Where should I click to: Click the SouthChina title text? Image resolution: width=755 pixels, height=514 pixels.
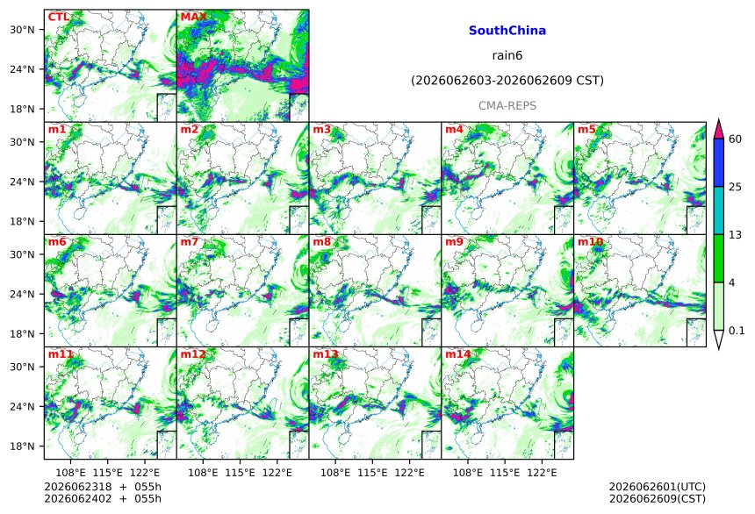[507, 31]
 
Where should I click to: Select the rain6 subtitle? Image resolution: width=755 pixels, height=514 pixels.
[507, 55]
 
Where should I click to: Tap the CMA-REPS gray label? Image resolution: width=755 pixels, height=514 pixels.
[507, 106]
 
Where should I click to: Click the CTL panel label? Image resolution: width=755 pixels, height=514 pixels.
[58, 17]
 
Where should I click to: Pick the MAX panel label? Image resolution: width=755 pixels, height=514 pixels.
[193, 17]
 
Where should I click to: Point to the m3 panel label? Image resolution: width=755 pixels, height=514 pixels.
[322, 130]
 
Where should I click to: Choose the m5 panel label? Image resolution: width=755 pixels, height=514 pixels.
[587, 130]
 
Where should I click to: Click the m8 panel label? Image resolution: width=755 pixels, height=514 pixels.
[322, 241]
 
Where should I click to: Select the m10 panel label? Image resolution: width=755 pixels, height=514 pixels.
[590, 241]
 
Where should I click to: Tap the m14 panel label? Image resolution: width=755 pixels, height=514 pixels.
[458, 354]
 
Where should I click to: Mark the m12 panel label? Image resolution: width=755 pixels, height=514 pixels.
[193, 354]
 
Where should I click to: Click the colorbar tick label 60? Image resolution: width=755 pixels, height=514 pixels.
[735, 139]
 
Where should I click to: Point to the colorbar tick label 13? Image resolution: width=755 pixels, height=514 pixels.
[735, 235]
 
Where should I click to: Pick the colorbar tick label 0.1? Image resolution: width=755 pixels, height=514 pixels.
[737, 331]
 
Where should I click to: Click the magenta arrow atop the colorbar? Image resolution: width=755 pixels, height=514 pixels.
[719, 130]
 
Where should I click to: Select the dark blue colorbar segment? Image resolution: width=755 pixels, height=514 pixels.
[719, 162]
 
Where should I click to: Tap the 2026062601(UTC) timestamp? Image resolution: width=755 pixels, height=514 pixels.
[658, 487]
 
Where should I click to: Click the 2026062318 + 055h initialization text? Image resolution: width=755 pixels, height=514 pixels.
[103, 487]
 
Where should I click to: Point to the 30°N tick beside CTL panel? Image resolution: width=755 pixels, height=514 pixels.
[22, 30]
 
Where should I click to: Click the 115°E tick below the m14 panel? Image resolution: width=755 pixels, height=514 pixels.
[505, 473]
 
